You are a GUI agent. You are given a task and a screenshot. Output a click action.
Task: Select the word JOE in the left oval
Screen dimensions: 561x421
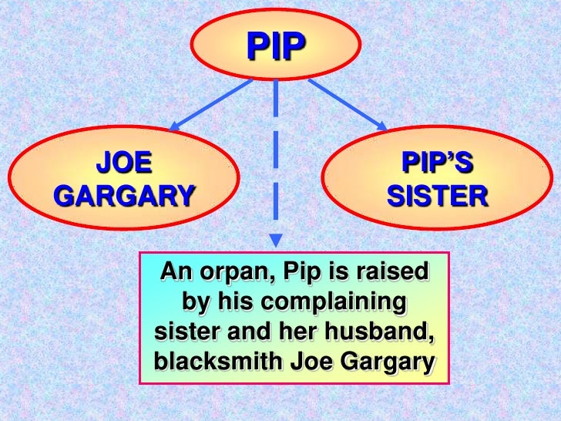point(124,164)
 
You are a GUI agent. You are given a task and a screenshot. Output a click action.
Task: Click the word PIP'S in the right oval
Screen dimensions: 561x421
point(437,164)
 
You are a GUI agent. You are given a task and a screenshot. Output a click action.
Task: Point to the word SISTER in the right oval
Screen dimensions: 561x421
point(437,197)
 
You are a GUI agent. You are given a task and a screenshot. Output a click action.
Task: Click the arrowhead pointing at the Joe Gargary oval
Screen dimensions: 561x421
point(174,126)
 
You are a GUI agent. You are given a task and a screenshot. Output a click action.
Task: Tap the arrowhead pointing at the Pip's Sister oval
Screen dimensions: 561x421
point(381,125)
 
